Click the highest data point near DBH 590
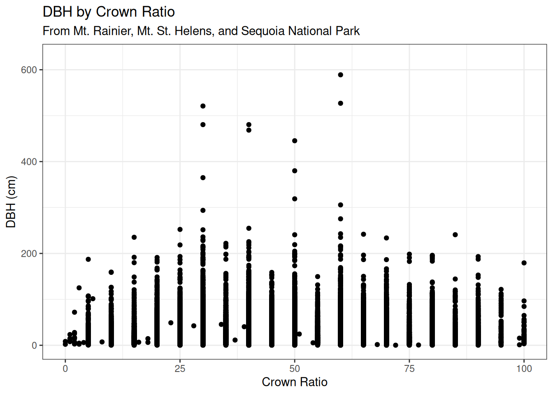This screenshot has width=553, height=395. point(341,75)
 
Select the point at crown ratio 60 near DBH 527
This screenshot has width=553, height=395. point(341,103)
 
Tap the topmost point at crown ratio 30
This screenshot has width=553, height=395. point(203,106)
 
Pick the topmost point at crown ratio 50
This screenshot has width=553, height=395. point(295,141)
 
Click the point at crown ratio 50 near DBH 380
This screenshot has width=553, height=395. point(295,171)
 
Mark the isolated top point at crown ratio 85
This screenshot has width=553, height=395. point(455,235)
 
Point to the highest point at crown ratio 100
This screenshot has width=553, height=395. point(524,263)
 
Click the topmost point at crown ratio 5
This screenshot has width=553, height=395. point(88,259)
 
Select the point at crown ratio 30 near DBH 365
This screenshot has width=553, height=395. point(203,178)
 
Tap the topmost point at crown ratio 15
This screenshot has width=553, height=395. point(134,237)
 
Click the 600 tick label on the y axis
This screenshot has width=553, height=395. point(29,70)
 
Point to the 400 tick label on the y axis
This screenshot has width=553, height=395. point(29,162)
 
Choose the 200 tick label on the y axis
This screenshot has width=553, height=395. point(29,253)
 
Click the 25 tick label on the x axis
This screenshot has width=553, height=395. point(180,369)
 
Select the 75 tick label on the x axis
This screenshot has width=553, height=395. point(409,369)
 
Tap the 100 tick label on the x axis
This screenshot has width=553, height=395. point(524,369)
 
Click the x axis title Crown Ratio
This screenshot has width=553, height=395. point(295,382)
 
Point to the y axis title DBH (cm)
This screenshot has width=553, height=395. point(11,202)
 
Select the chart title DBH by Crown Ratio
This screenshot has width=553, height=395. point(109,12)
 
